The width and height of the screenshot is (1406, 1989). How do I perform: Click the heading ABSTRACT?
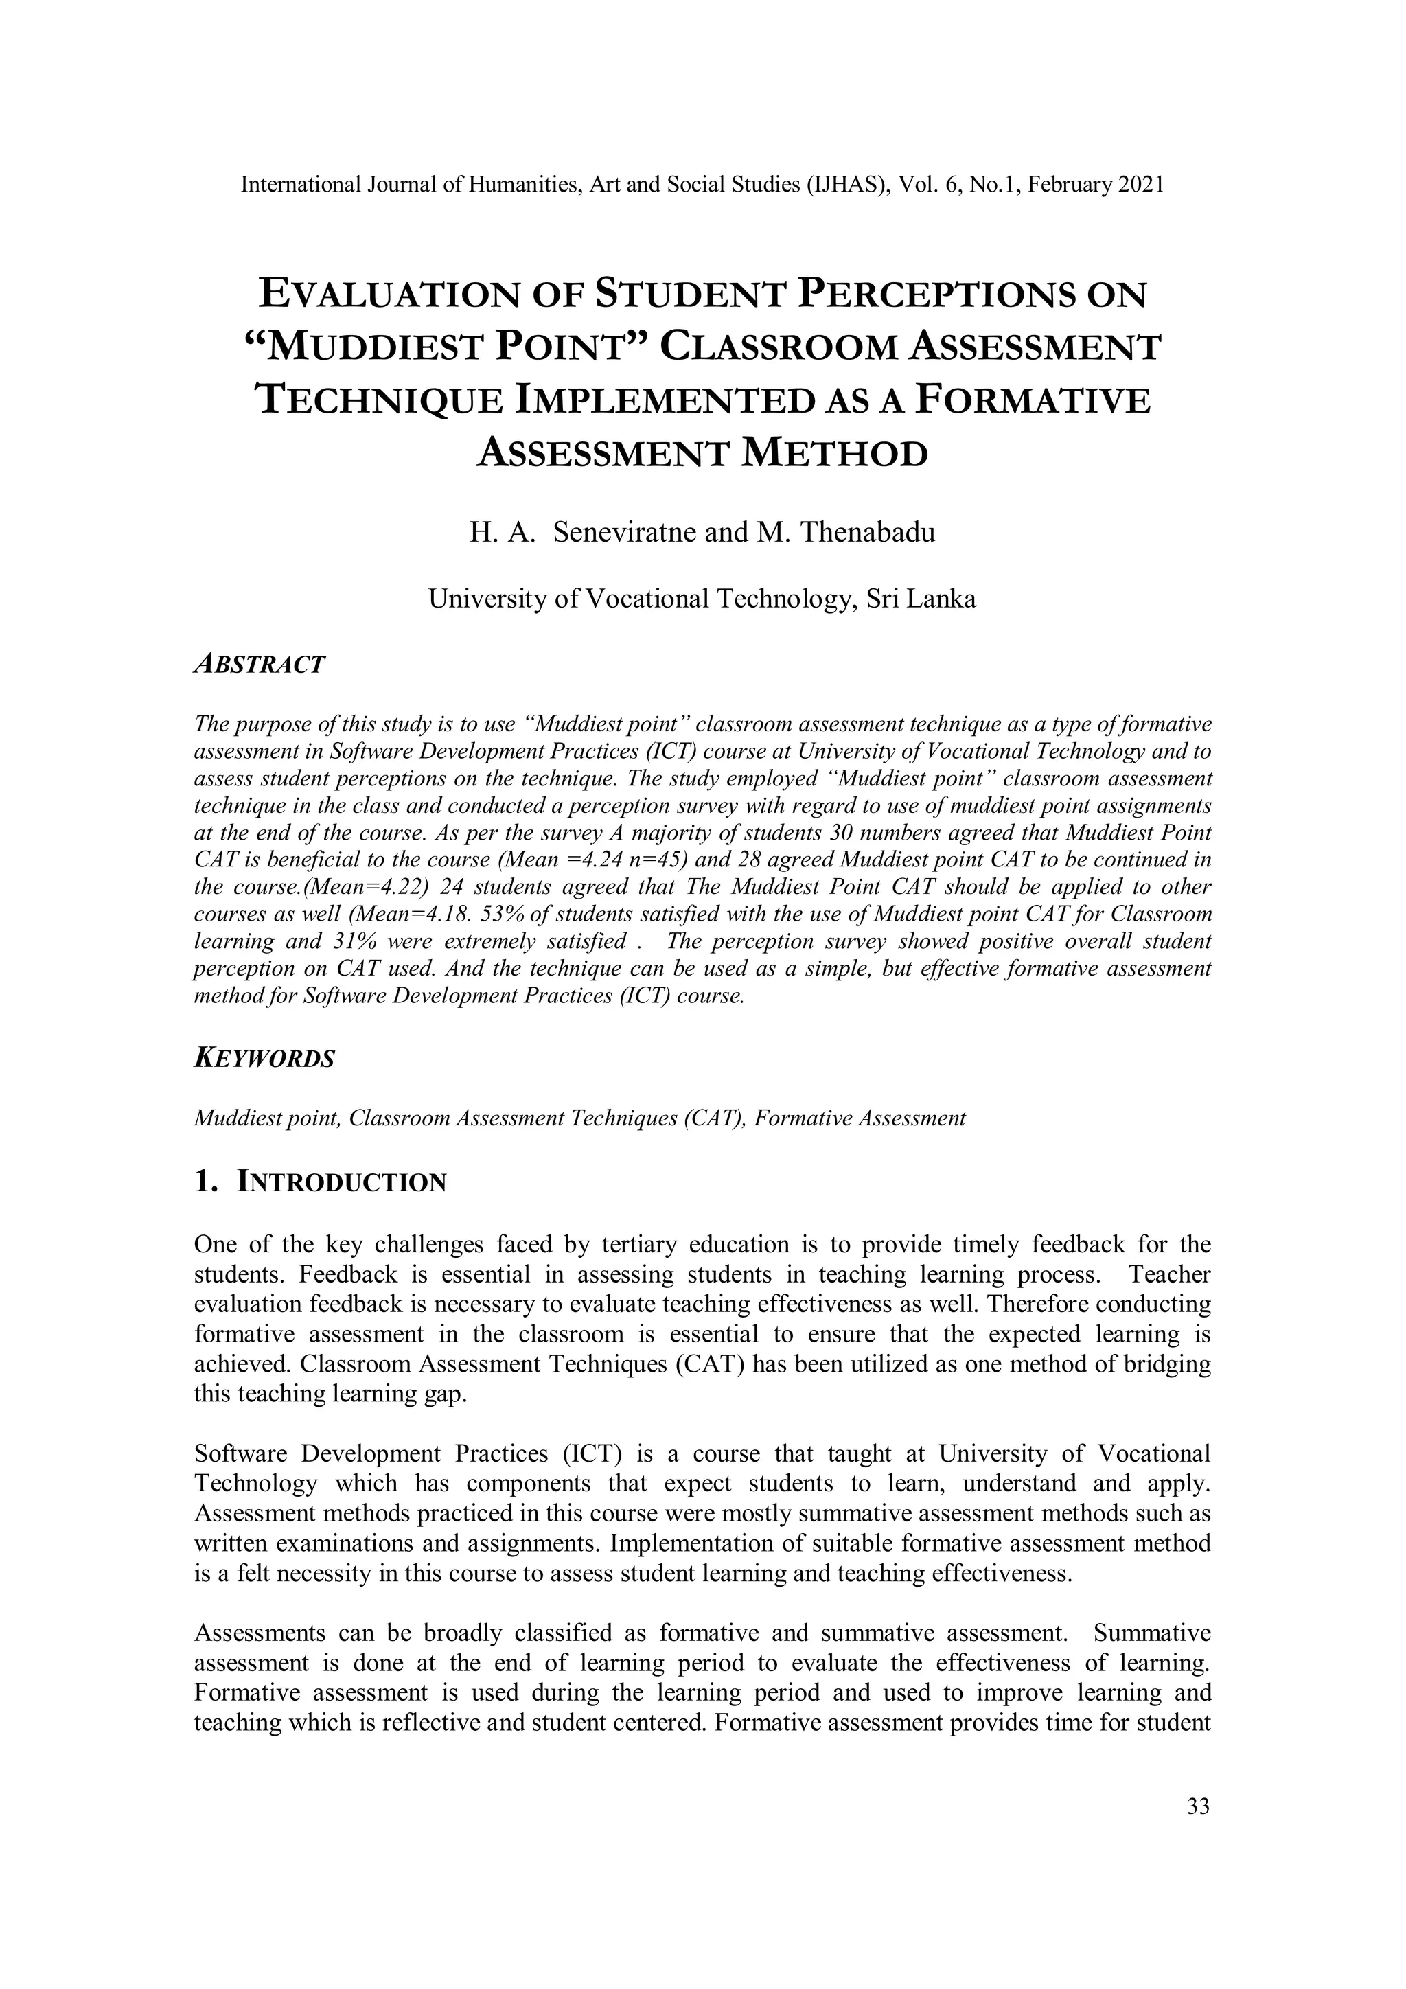click(260, 665)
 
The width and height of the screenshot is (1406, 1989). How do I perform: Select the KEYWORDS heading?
click(264, 1059)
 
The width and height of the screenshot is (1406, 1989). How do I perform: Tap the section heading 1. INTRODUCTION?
click(321, 1182)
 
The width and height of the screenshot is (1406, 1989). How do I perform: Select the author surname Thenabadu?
click(867, 532)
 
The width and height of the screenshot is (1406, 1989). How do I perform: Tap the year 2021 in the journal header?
click(1142, 185)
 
